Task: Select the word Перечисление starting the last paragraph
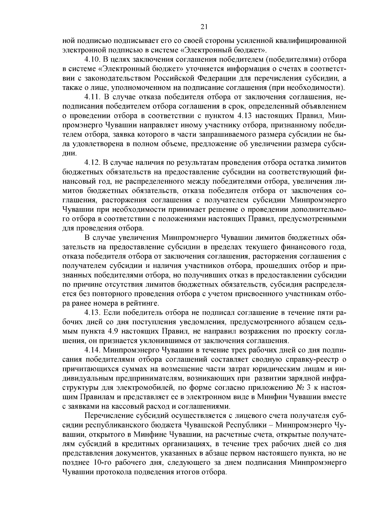pyautogui.click(x=107, y=416)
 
